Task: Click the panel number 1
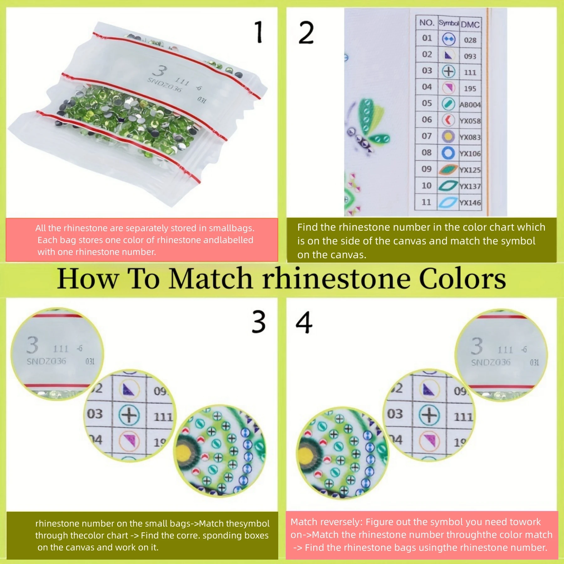click(259, 32)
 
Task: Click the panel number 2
click(306, 33)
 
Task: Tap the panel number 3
click(259, 322)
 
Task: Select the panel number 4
click(304, 322)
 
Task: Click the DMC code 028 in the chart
click(470, 40)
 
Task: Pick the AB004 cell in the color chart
click(470, 105)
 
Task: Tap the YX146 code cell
click(470, 203)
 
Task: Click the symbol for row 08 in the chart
click(448, 153)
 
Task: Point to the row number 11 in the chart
click(426, 202)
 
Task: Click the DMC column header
click(470, 24)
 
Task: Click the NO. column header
click(427, 23)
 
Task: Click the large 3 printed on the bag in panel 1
click(161, 71)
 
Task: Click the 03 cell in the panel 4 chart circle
click(395, 414)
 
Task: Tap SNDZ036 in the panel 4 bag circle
click(491, 363)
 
